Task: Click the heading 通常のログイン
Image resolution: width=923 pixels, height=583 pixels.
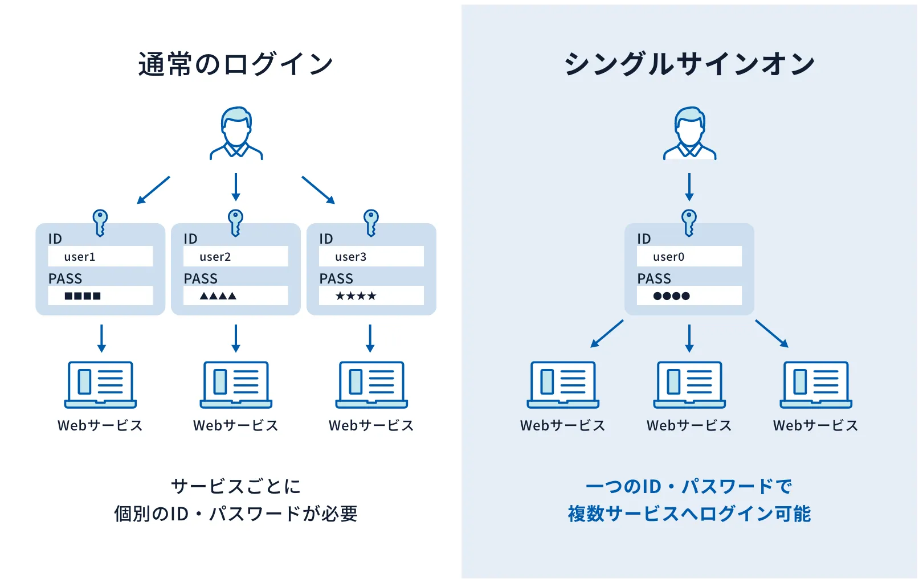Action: coord(235,64)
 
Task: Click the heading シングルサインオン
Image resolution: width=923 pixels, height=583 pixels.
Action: coord(689,64)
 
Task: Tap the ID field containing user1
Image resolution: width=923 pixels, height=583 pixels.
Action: coord(100,256)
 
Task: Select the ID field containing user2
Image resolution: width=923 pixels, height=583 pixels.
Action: coord(235,256)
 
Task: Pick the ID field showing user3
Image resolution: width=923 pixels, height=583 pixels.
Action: coord(371,256)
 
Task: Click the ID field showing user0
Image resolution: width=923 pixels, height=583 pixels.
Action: coord(689,256)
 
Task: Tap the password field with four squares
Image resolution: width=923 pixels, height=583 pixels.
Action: coord(100,295)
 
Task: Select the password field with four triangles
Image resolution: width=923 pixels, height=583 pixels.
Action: coord(235,295)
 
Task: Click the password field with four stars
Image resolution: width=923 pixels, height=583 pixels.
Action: coord(371,295)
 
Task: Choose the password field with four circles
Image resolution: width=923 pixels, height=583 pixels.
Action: coord(689,295)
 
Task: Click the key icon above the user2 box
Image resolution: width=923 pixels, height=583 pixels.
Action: coord(235,223)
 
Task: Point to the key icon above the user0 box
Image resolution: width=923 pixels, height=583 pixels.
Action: coord(689,223)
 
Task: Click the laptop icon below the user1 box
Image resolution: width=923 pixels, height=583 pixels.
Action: coord(100,384)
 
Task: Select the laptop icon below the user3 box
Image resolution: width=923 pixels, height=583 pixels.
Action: coord(371,384)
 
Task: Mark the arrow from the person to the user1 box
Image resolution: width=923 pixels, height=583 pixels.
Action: coord(153,190)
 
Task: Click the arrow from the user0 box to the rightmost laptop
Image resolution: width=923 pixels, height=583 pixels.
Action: coord(771,334)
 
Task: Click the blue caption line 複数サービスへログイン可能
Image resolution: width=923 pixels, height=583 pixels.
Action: coord(689,514)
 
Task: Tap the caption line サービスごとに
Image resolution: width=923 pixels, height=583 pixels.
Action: coord(235,486)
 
